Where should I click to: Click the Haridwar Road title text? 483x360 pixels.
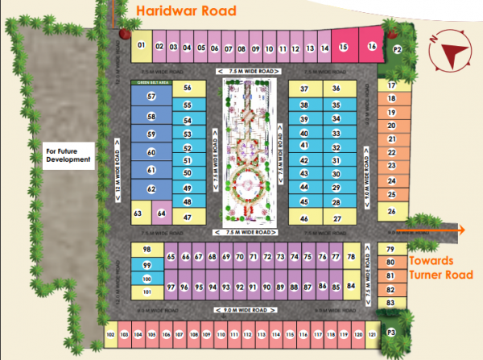[x=187, y=11]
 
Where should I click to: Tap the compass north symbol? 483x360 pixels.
[x=448, y=56]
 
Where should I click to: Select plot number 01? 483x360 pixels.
[x=141, y=46]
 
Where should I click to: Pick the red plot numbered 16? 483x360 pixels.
[x=371, y=47]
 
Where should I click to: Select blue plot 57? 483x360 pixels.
[x=151, y=96]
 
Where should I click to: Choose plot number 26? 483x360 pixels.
[x=392, y=211]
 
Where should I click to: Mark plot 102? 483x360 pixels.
[x=110, y=333]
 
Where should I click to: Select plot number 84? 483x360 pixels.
[x=351, y=286]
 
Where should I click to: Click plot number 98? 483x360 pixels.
[x=147, y=250]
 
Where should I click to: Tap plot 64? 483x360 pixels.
[x=161, y=213]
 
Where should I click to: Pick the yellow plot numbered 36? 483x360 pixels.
[x=336, y=88]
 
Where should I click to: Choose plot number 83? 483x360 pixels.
[x=390, y=302]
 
